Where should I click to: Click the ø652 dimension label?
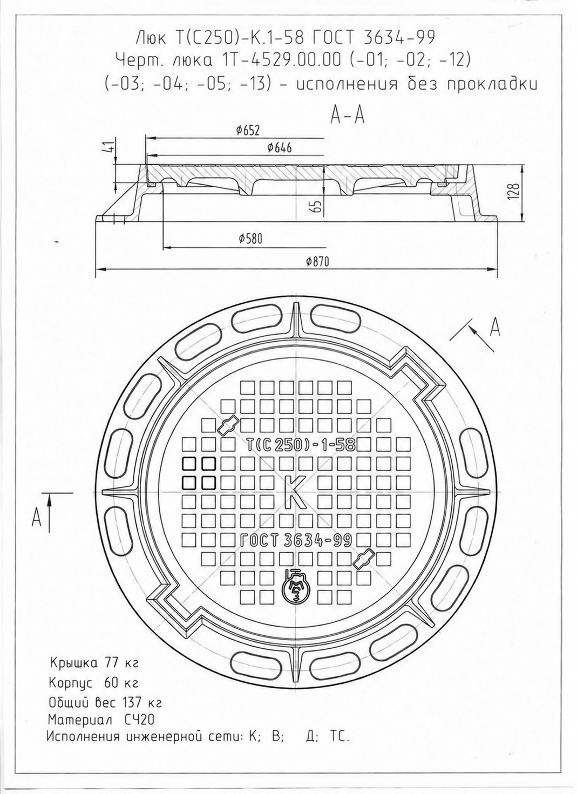(x=248, y=131)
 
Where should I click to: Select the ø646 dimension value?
(x=280, y=147)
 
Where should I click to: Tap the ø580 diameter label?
(x=250, y=239)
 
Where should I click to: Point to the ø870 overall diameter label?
(x=317, y=262)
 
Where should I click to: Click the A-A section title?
(x=348, y=115)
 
